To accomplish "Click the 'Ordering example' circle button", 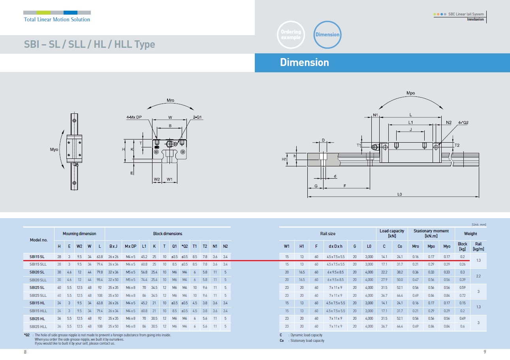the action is (x=291, y=35).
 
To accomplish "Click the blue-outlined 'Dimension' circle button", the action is (x=327, y=35).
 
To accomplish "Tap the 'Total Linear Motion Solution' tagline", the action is (x=57, y=20).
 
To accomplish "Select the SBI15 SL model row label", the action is (x=37, y=256).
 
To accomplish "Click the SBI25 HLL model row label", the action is (x=38, y=326).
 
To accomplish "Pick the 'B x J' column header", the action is (x=113, y=246).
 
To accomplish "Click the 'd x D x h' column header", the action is (x=335, y=246).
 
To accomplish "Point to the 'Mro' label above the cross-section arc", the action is (x=170, y=100).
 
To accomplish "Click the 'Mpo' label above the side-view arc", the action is (x=411, y=93).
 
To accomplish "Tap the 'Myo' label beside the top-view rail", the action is (x=54, y=149).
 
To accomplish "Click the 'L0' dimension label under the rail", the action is (x=399, y=194).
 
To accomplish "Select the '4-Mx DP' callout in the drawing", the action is (x=134, y=117).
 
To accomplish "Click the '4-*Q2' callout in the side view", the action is (x=463, y=123).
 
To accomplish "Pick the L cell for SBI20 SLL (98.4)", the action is (x=100, y=280).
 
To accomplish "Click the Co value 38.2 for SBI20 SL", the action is (x=399, y=272).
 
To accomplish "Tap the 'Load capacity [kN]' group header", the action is (x=392, y=234).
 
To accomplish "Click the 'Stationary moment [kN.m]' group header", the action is (x=431, y=234).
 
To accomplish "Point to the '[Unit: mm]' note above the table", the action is (x=479, y=224).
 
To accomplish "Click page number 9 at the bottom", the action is (x=485, y=352).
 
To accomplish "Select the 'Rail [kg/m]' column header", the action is (x=478, y=246).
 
